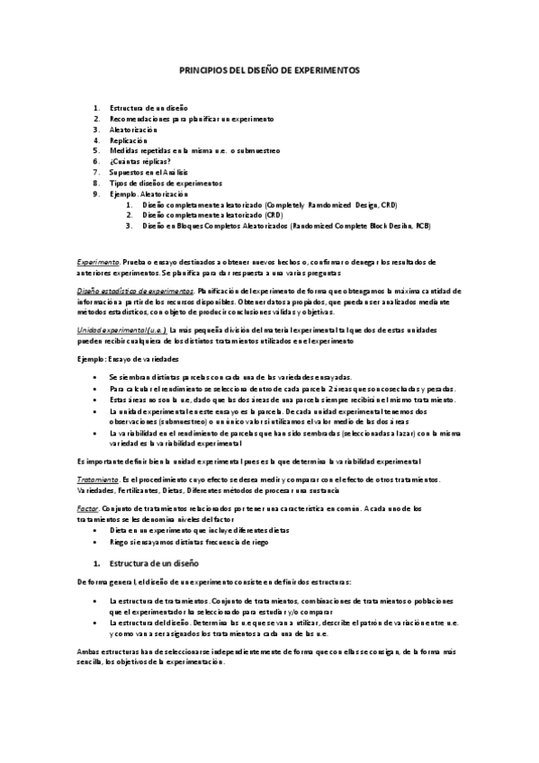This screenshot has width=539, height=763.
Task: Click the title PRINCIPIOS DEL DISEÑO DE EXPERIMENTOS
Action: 269,68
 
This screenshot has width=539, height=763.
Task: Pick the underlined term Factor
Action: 88,508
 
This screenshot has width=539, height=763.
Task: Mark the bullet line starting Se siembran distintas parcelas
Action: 229,376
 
